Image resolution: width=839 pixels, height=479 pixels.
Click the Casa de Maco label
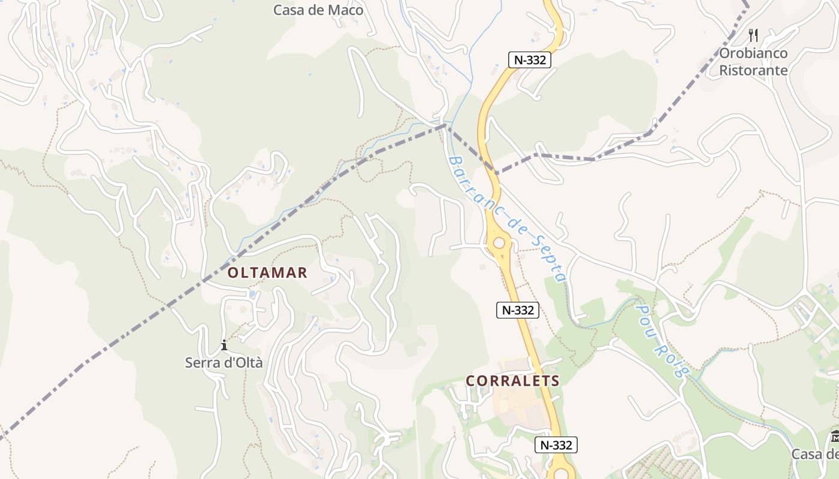point(318,10)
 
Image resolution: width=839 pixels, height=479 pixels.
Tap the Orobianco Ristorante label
point(753,62)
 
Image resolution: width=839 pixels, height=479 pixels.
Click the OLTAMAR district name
point(267,273)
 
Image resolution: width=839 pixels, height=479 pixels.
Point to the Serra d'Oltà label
point(224,362)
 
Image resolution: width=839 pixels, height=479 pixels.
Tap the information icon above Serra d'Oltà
point(224,345)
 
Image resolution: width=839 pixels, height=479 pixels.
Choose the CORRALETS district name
point(512,381)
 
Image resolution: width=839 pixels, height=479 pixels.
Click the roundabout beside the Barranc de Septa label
point(499,243)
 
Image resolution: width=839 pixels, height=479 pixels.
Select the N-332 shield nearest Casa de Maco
point(530,60)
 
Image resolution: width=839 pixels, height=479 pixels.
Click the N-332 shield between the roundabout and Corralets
point(518,310)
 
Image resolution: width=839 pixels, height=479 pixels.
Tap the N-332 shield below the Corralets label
point(556,445)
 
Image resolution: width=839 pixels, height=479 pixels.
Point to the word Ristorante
point(753,70)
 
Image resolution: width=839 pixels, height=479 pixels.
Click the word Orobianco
point(753,53)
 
